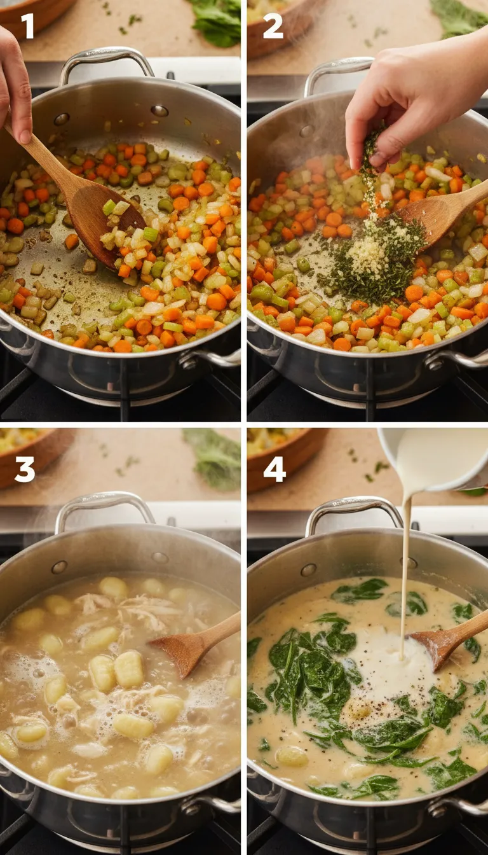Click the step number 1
point(27,26)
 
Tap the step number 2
point(273,26)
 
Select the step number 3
point(24,469)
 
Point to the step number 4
point(274,469)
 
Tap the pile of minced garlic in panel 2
point(368,254)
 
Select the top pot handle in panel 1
point(107,61)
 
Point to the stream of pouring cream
point(405,573)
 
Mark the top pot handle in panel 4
point(353,509)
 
